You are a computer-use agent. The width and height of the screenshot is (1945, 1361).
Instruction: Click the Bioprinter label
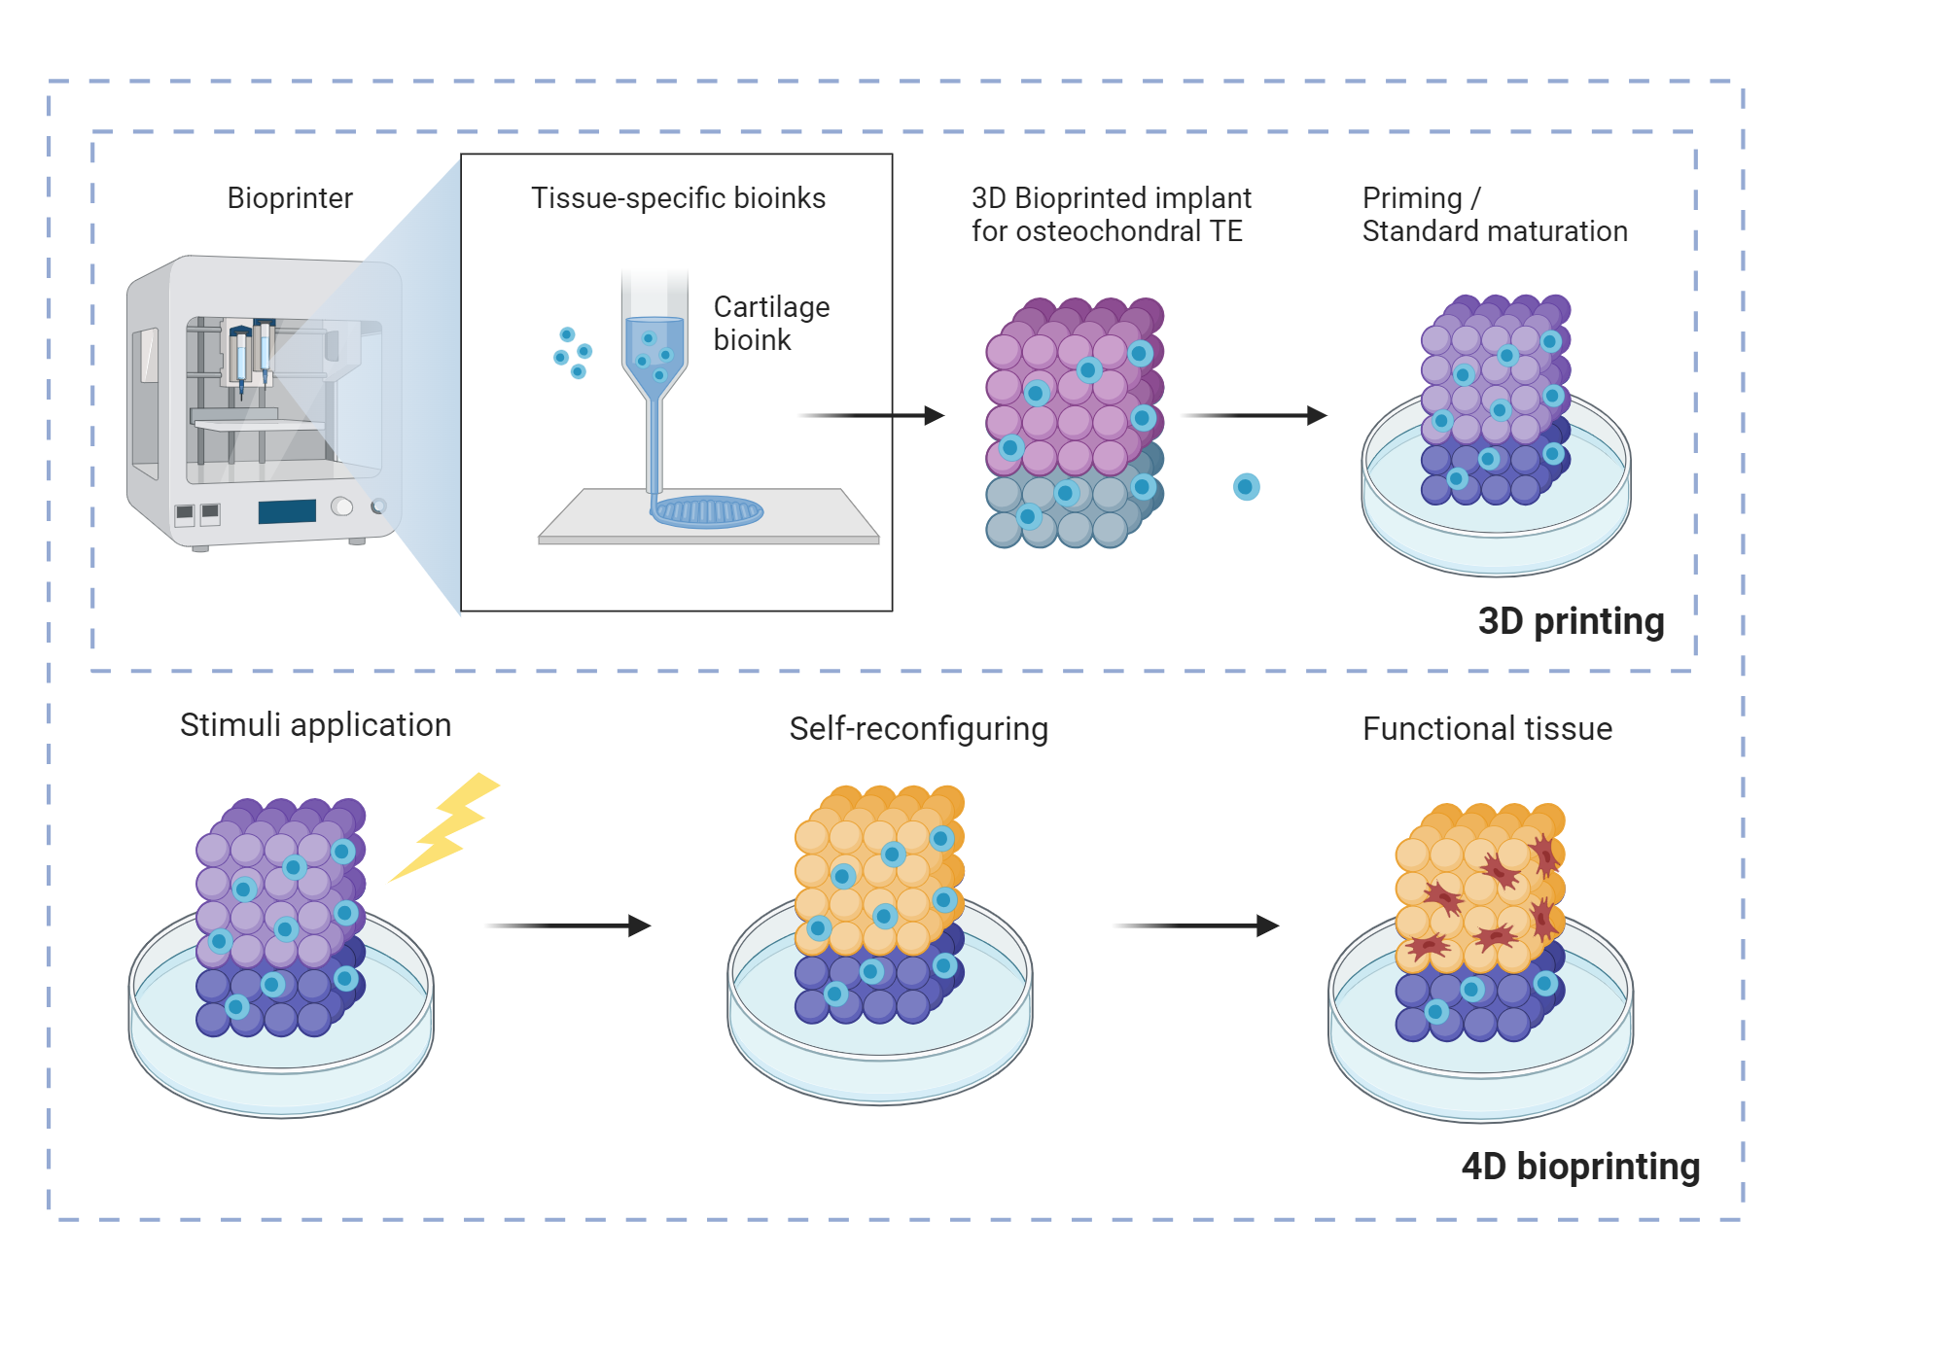(289, 198)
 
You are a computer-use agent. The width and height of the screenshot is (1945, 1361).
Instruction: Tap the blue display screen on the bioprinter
(287, 511)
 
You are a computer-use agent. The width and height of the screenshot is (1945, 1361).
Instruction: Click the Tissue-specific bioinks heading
(678, 198)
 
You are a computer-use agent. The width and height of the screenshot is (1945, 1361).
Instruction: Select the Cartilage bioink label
(770, 323)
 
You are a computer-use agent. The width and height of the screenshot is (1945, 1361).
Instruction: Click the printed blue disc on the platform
(707, 511)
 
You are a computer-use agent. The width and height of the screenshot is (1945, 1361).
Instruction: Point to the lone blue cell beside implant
(1246, 487)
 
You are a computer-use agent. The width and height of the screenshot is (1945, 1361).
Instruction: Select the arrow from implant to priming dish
(1254, 416)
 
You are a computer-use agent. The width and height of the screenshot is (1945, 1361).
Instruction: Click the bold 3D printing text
(1571, 621)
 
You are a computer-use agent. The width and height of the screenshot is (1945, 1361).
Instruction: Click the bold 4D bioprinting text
(1580, 1167)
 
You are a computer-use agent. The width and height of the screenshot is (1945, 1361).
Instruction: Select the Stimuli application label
(315, 725)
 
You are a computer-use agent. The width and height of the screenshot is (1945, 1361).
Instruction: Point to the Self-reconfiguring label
(918, 729)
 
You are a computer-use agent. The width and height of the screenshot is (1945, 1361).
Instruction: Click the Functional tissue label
(1487, 729)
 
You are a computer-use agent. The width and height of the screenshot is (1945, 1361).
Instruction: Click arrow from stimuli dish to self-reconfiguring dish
(568, 925)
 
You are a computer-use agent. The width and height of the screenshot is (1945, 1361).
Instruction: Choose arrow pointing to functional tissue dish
(1195, 925)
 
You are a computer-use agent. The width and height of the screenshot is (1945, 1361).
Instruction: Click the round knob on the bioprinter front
(342, 506)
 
